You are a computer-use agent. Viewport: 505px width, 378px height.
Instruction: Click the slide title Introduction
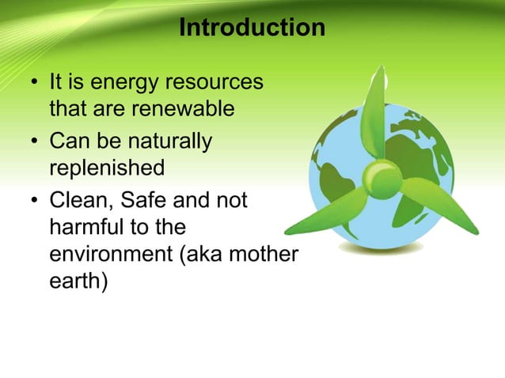point(252,28)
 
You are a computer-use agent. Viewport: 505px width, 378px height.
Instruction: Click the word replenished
point(107,168)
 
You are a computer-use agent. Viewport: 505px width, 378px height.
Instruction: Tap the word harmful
point(85,228)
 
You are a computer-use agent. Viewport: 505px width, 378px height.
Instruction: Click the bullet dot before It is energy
point(35,83)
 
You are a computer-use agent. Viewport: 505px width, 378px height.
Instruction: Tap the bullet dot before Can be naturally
point(35,142)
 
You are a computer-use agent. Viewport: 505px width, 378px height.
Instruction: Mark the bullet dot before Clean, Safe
point(35,202)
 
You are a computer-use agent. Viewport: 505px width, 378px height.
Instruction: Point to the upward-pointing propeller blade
point(378,111)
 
